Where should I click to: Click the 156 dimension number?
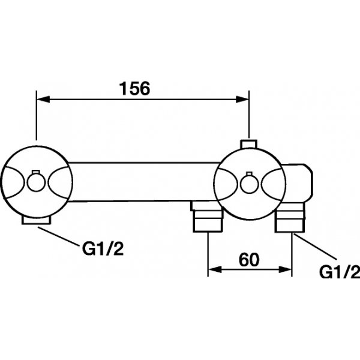coord(134,88)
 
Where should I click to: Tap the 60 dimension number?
coord(249,259)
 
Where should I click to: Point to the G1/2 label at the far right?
coord(340,272)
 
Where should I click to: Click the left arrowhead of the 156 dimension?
coord(43,99)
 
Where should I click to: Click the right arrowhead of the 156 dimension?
coord(242,100)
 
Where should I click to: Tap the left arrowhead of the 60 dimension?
coord(215,269)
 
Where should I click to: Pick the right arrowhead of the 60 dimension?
coord(285,269)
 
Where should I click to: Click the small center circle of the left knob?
coord(37,182)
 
